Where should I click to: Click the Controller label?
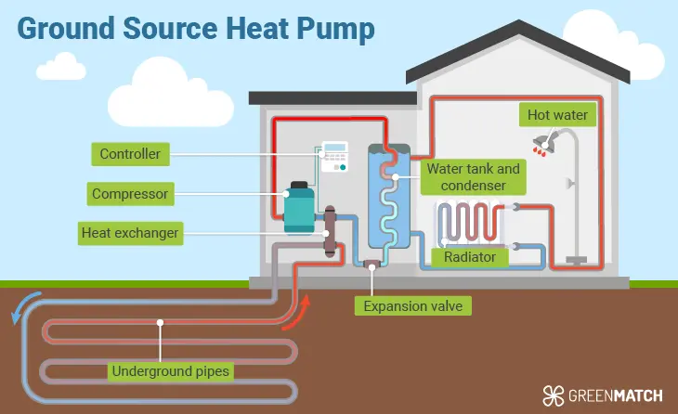pos(131,153)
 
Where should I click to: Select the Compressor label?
pos(130,194)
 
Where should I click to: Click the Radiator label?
pos(470,256)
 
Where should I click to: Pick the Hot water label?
pos(558,116)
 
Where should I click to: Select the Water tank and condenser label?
pos(473,177)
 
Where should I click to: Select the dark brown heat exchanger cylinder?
pos(330,235)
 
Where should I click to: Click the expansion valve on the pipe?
pos(371,267)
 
